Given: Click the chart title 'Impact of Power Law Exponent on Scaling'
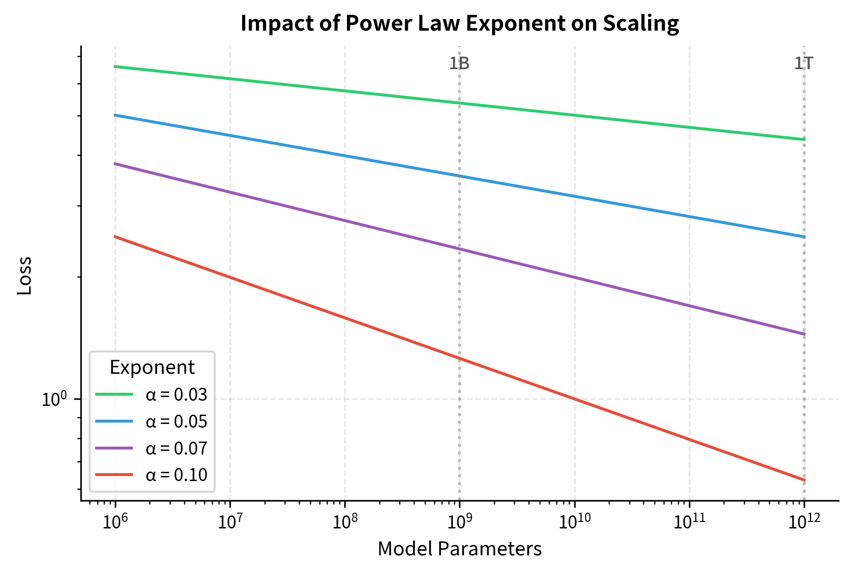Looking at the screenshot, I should pyautogui.click(x=459, y=23).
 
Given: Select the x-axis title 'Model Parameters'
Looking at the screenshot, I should pyautogui.click(x=459, y=549).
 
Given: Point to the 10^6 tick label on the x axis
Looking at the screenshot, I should pyautogui.click(x=115, y=522).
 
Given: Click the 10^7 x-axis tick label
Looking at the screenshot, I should pyautogui.click(x=229, y=522).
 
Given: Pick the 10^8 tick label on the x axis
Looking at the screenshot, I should pyautogui.click(x=344, y=522).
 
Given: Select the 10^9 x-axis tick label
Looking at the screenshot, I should pyautogui.click(x=459, y=522).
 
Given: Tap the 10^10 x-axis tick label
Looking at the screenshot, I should pyautogui.click(x=575, y=522).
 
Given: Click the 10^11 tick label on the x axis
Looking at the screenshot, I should pyautogui.click(x=689, y=522).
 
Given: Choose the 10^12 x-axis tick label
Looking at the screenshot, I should pyautogui.click(x=804, y=522).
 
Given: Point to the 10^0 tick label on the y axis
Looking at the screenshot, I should pyautogui.click(x=55, y=399).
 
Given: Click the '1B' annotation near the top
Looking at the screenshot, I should pyautogui.click(x=459, y=64).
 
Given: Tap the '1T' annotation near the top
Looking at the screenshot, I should pyautogui.click(x=804, y=64).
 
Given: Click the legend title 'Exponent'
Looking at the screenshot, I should pyautogui.click(x=152, y=367).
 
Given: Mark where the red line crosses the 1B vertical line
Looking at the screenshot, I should pyautogui.click(x=459, y=358).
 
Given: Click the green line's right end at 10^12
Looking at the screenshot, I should pyautogui.click(x=804, y=139).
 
